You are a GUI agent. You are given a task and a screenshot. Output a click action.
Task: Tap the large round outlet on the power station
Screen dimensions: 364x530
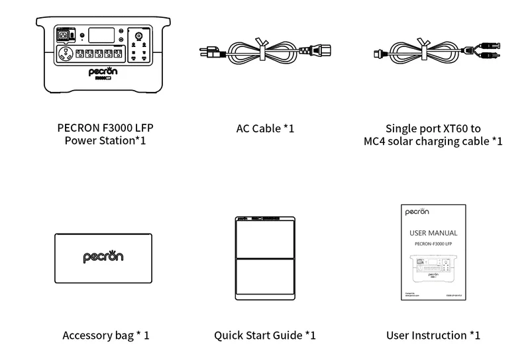[x=65, y=54]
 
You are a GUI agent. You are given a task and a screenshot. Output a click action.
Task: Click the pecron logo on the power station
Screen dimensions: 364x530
[x=103, y=71]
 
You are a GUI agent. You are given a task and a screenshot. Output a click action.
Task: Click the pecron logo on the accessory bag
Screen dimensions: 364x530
[x=103, y=257]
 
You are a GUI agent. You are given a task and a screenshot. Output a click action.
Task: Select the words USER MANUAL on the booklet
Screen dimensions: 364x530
[x=433, y=233]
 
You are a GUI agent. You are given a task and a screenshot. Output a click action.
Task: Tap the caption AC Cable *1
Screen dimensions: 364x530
[x=265, y=128]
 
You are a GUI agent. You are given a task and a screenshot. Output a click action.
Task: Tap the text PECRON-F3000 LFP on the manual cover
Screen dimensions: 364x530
[x=433, y=244]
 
